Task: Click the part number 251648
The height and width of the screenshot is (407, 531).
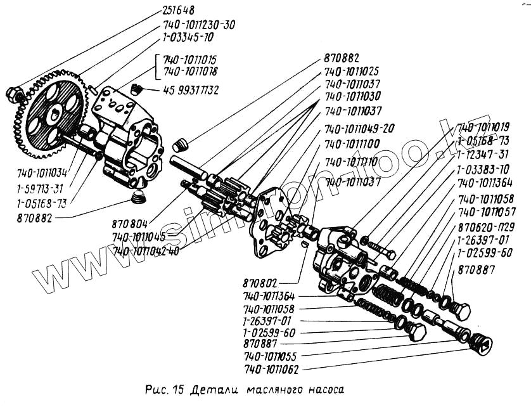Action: pyautogui.click(x=177, y=11)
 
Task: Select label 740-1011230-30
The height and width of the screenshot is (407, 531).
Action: pyautogui.click(x=199, y=25)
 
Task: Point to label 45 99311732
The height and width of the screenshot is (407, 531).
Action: pyautogui.click(x=191, y=91)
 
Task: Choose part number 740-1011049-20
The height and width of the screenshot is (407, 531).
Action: pyautogui.click(x=359, y=128)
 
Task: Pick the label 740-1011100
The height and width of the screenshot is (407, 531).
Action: pyautogui.click(x=352, y=144)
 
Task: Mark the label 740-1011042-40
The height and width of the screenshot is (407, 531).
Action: pyautogui.click(x=146, y=251)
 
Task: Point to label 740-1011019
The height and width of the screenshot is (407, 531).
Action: pyautogui.click(x=483, y=126)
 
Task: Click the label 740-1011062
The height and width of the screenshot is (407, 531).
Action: pyautogui.click(x=271, y=369)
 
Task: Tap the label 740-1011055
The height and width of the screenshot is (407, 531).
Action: pyautogui.click(x=271, y=356)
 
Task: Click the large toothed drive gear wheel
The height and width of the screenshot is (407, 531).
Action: pyautogui.click(x=48, y=114)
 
